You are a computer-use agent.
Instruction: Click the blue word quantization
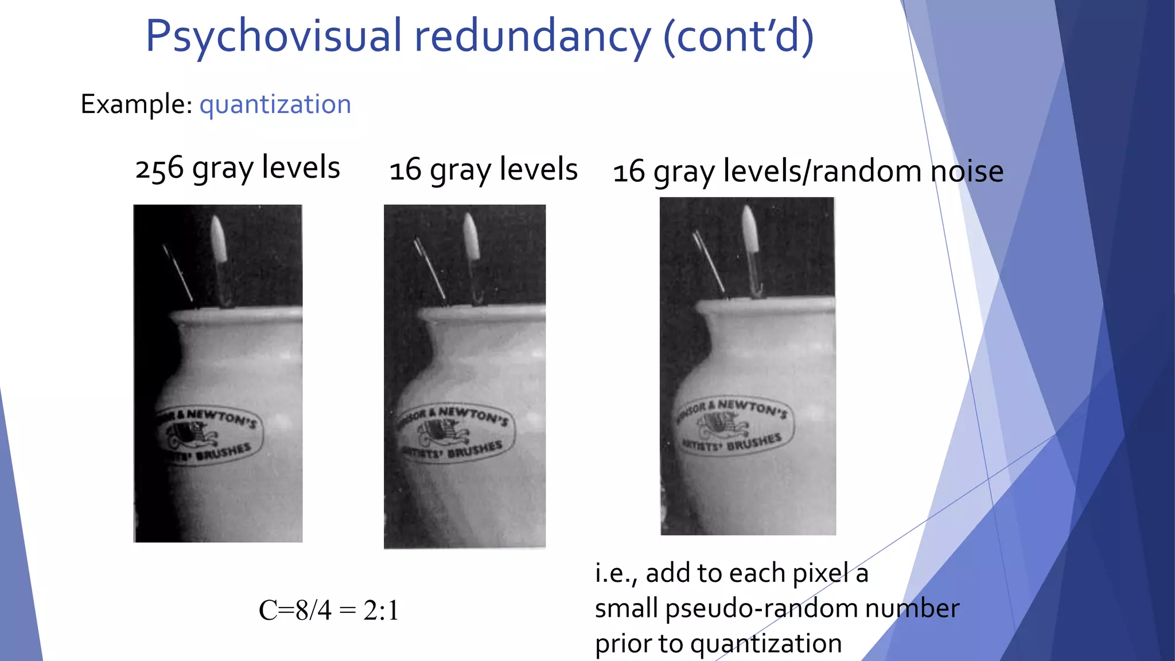click(x=275, y=104)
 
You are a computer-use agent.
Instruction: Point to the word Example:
click(x=137, y=104)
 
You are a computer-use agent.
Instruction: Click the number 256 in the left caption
click(x=159, y=169)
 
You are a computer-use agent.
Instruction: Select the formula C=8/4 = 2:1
click(x=328, y=610)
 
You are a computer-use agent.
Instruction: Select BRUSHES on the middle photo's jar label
click(x=475, y=449)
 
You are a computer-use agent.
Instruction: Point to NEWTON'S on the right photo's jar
click(x=752, y=407)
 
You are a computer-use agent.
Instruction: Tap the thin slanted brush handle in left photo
click(x=178, y=273)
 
